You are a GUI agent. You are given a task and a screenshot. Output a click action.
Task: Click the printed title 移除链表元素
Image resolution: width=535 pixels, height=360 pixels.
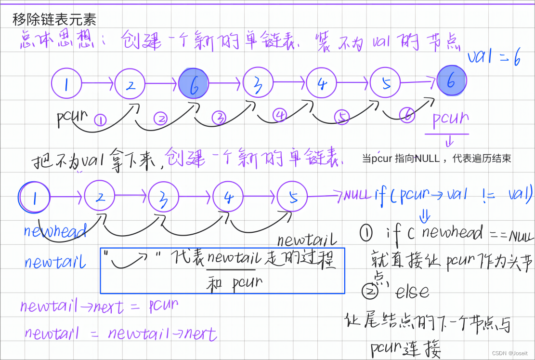54,19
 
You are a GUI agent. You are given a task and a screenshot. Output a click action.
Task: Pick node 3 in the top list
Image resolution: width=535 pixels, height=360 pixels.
258,83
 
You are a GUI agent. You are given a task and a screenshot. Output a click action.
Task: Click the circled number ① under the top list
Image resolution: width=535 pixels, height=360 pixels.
100,120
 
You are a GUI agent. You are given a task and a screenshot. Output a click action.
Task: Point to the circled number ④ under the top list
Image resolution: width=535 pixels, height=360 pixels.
280,115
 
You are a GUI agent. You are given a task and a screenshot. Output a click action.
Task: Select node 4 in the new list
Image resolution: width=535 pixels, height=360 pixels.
228,197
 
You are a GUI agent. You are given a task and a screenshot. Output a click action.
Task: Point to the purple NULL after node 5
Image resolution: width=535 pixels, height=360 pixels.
357,195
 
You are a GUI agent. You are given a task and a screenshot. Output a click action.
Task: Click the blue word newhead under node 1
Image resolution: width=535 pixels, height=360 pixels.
55,231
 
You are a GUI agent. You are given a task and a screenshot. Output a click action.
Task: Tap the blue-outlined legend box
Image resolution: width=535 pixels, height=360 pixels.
222,271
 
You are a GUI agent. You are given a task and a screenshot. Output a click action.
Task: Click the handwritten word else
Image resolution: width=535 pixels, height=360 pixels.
412,291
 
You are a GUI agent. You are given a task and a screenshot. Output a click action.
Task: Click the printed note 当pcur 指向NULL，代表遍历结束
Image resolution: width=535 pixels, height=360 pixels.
436,158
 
